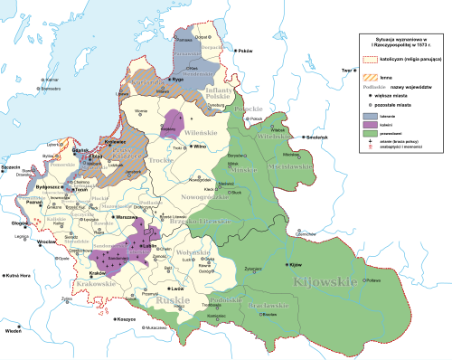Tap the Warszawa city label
pyautogui.click(x=128, y=218)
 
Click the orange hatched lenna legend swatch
pyautogui.click(x=370, y=75)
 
